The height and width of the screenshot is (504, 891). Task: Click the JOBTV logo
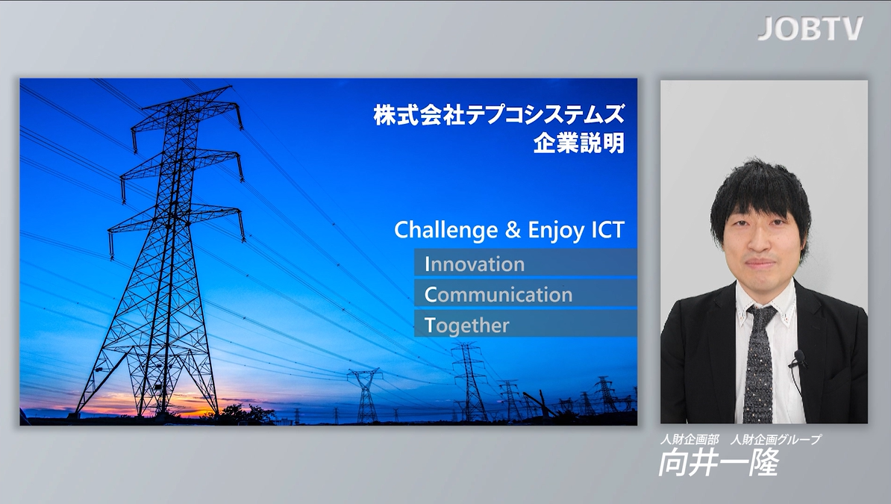(x=810, y=28)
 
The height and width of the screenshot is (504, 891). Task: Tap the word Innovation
(x=475, y=264)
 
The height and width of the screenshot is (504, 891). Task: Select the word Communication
(x=498, y=295)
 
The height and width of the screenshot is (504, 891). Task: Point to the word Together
(x=466, y=326)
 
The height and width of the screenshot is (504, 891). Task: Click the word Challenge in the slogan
(x=446, y=231)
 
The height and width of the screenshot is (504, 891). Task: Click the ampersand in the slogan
(x=513, y=230)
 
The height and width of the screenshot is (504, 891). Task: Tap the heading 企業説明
(x=578, y=143)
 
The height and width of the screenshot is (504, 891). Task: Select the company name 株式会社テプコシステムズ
(x=499, y=114)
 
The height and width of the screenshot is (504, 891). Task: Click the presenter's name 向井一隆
(x=719, y=462)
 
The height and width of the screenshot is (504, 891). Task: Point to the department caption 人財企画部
(x=690, y=439)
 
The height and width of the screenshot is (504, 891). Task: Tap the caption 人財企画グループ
(x=775, y=439)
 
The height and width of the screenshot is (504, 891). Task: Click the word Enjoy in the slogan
(x=556, y=231)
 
